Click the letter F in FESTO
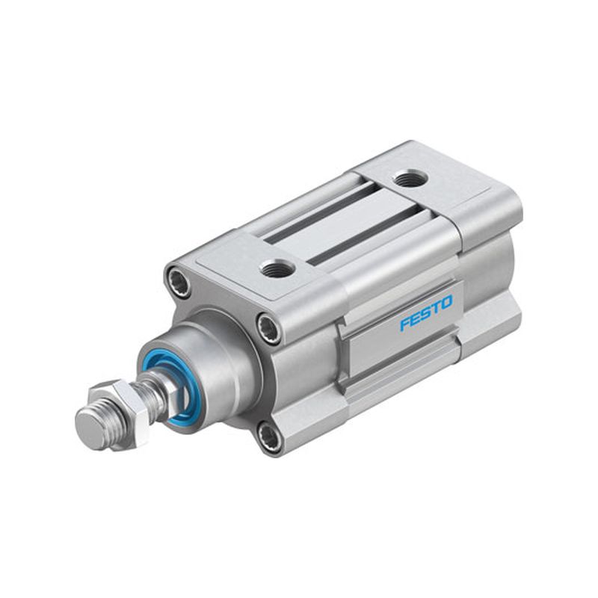click(x=406, y=324)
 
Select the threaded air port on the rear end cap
click(x=410, y=179)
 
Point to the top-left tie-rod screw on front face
click(x=179, y=279)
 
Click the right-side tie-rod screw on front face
click(x=268, y=327)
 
